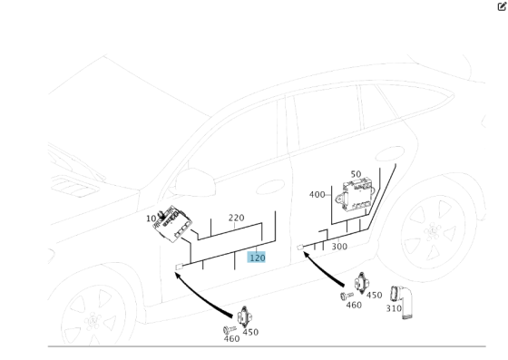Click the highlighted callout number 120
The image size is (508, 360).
coord(256,258)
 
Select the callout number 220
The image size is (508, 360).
coord(236,218)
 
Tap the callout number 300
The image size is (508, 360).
coord(339,247)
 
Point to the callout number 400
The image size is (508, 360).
coord(317,195)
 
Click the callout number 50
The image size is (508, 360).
coord(356,174)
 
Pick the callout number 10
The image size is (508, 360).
coord(151,219)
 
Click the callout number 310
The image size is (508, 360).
coord(394,308)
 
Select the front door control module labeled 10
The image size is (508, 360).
coord(172,224)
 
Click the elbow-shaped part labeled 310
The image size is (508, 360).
coord(402,302)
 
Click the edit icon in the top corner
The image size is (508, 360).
coord(502,6)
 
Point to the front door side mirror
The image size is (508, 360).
coord(195,182)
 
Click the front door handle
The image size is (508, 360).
coord(270,187)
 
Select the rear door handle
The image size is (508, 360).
coord(390,154)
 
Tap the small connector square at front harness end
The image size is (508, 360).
coord(180,268)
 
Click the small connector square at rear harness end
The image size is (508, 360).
coord(300,248)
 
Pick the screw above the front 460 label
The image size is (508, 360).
coord(230,330)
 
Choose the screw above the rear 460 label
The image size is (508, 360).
coord(347,296)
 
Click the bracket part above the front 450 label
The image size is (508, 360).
coord(245,317)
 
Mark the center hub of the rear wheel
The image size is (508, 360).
coord(433,231)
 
